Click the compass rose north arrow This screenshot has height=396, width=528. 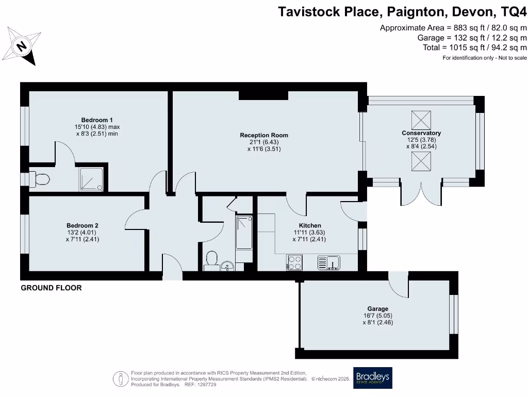tap(22, 47)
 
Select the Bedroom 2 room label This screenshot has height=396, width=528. tap(82, 225)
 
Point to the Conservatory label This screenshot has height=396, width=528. tap(421, 133)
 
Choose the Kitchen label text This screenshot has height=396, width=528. tap(310, 225)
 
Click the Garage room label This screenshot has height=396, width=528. tap(378, 309)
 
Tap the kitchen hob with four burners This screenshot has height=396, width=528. tap(294, 262)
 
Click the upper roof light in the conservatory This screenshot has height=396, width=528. tap(421, 120)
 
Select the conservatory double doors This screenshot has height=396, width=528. tap(421, 193)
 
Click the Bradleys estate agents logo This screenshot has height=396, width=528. tap(372, 377)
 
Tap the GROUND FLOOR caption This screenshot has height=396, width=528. tap(51, 288)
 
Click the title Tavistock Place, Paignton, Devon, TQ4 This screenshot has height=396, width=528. tap(403, 12)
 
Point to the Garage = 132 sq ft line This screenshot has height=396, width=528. tap(472, 38)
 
